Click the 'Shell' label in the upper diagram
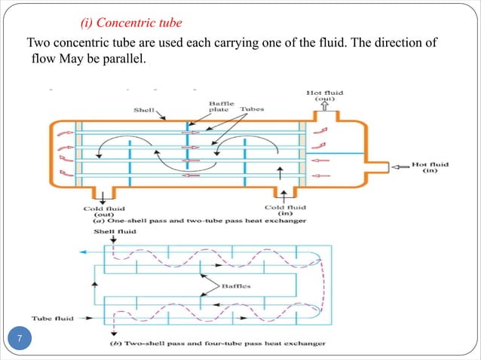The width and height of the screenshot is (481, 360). click(x=144, y=109)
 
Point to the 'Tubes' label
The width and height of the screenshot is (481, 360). click(x=252, y=109)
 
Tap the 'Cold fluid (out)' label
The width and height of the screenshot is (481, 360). click(x=105, y=212)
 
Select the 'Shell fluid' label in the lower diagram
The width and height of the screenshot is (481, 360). click(x=115, y=233)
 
